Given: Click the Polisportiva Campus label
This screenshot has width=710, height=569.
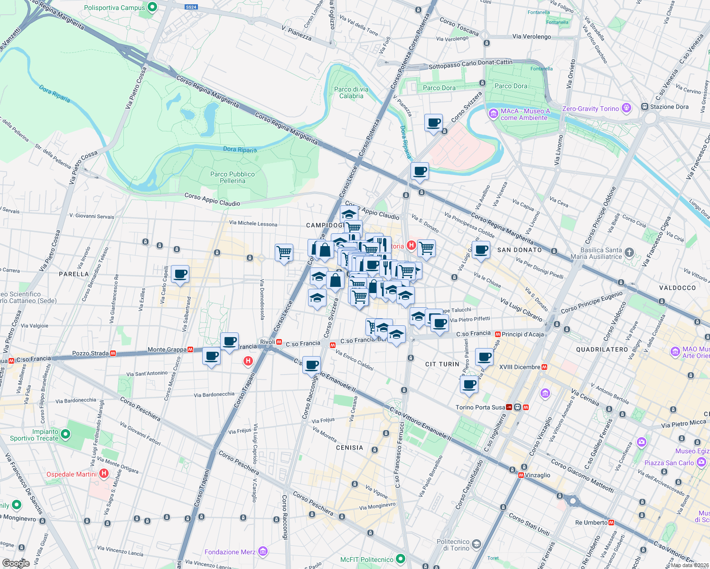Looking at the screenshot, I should (114, 8).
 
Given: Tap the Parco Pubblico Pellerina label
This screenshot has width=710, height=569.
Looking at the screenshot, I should (233, 177).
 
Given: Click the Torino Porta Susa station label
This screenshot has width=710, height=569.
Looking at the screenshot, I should (480, 407).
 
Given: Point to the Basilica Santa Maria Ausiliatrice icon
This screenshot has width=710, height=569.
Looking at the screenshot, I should (629, 252).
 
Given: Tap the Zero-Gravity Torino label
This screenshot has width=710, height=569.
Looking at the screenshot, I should (590, 109).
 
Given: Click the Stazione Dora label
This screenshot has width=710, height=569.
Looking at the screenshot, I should (669, 107).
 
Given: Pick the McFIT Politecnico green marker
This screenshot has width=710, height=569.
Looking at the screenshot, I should (401, 559).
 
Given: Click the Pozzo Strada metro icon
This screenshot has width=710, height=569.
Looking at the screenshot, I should (113, 353).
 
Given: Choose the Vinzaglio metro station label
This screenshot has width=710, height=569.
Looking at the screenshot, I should (538, 475).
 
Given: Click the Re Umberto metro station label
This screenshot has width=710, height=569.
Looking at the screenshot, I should (591, 523).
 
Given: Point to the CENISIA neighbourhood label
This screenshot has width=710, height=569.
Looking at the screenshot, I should (349, 448).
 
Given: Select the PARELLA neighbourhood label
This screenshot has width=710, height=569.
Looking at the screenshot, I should (74, 274).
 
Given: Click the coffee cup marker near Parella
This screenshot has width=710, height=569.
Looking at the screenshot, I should (180, 274).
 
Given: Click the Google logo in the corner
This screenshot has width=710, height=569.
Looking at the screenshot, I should (16, 563).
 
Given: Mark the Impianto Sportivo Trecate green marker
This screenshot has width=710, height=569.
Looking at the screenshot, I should (66, 434).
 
